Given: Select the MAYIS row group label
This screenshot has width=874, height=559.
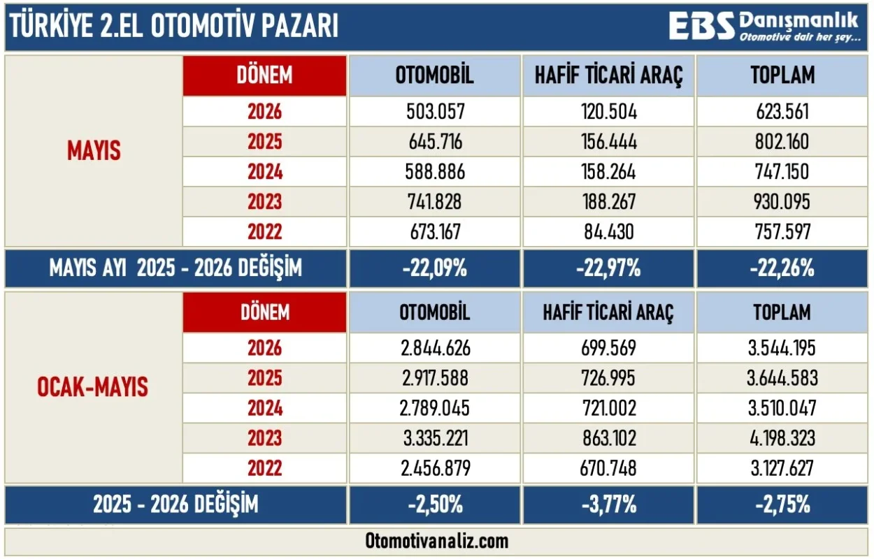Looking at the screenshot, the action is tap(94, 150).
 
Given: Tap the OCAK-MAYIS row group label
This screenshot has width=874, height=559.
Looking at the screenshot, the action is tap(93, 387).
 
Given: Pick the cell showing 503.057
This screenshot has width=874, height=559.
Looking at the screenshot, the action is tap(436, 112).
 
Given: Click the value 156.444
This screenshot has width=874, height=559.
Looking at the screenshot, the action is tap(609, 142).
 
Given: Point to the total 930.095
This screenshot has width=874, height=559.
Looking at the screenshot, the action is tap(782, 201).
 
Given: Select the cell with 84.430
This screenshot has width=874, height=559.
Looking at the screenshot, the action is tap(609, 231).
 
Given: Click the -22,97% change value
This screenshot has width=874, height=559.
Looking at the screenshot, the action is tap(608, 268).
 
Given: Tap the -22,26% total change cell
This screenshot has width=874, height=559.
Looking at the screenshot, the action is tap(782, 268).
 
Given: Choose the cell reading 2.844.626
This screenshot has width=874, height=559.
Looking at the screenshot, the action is tap(436, 348).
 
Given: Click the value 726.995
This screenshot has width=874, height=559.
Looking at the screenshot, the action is tap(609, 378).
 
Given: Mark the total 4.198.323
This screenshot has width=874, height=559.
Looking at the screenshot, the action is tap(782, 438).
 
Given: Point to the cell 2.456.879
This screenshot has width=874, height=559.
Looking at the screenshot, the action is tap(436, 468).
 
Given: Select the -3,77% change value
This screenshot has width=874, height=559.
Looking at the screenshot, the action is tap(609, 504).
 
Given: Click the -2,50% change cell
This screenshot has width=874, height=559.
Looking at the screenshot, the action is tap(435, 504).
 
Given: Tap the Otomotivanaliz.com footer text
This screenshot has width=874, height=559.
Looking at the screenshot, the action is tap(436, 541).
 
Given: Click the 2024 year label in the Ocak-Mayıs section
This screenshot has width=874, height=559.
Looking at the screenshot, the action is tap(265, 408).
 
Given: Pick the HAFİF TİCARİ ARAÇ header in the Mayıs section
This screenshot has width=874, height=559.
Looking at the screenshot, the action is tap(609, 75).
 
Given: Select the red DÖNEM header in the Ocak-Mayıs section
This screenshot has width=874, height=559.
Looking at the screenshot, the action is tap(265, 312).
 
